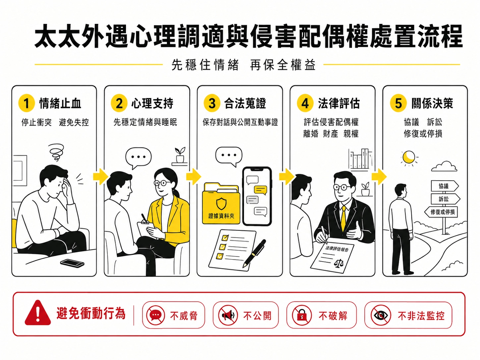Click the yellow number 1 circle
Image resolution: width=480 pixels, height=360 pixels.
27,103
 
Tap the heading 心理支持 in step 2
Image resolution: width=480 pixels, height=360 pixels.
152,103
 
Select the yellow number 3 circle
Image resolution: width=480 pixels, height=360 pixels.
212,103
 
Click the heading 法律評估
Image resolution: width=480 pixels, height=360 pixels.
339,103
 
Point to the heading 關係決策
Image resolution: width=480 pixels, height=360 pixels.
432,103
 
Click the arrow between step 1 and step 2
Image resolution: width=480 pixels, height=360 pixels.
100,177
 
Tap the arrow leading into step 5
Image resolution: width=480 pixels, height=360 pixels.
379,177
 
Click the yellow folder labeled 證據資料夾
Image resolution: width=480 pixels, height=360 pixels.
221,204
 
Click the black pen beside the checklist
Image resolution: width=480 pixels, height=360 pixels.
254,254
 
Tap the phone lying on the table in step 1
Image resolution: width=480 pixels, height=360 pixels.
72,263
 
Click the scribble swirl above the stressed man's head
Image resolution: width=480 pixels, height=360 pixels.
56,152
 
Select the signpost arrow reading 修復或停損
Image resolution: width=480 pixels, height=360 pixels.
441,212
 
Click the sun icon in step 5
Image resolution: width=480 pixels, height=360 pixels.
409,157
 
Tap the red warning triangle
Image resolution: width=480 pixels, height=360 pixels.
38,313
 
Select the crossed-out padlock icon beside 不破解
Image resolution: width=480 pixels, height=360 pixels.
302,315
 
